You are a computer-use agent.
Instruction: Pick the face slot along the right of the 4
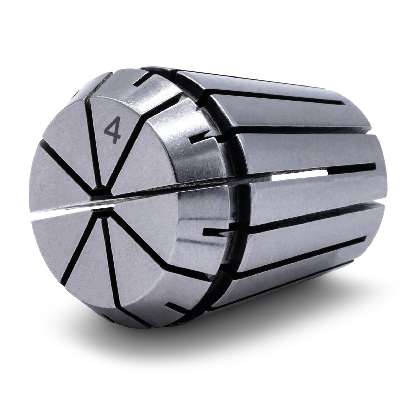(129, 154)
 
